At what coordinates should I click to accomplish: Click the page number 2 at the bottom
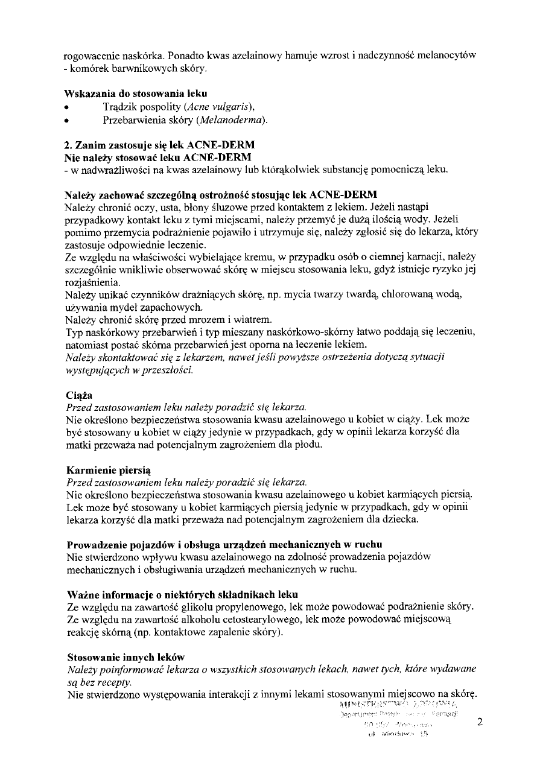coord(479,722)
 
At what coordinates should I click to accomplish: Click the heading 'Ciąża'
coord(78,395)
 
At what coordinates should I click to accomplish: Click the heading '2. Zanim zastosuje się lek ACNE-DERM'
coord(160,145)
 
